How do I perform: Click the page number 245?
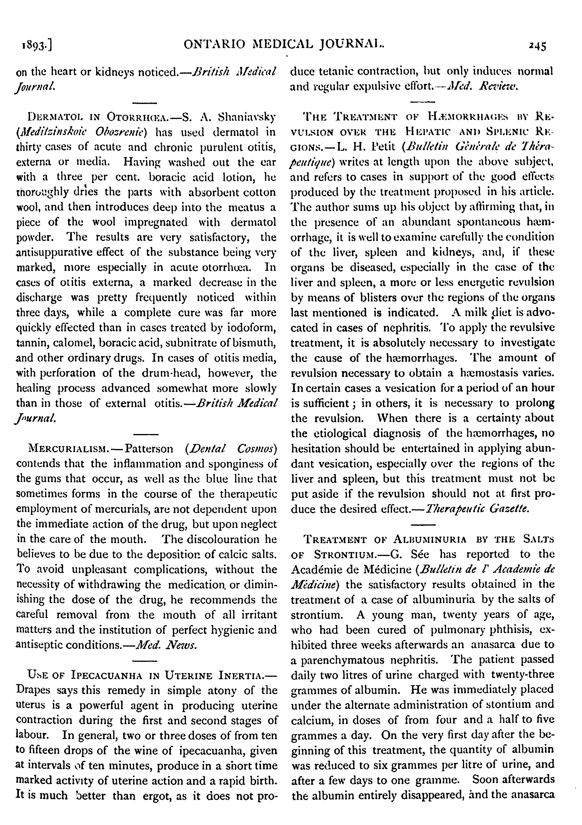(x=537, y=46)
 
